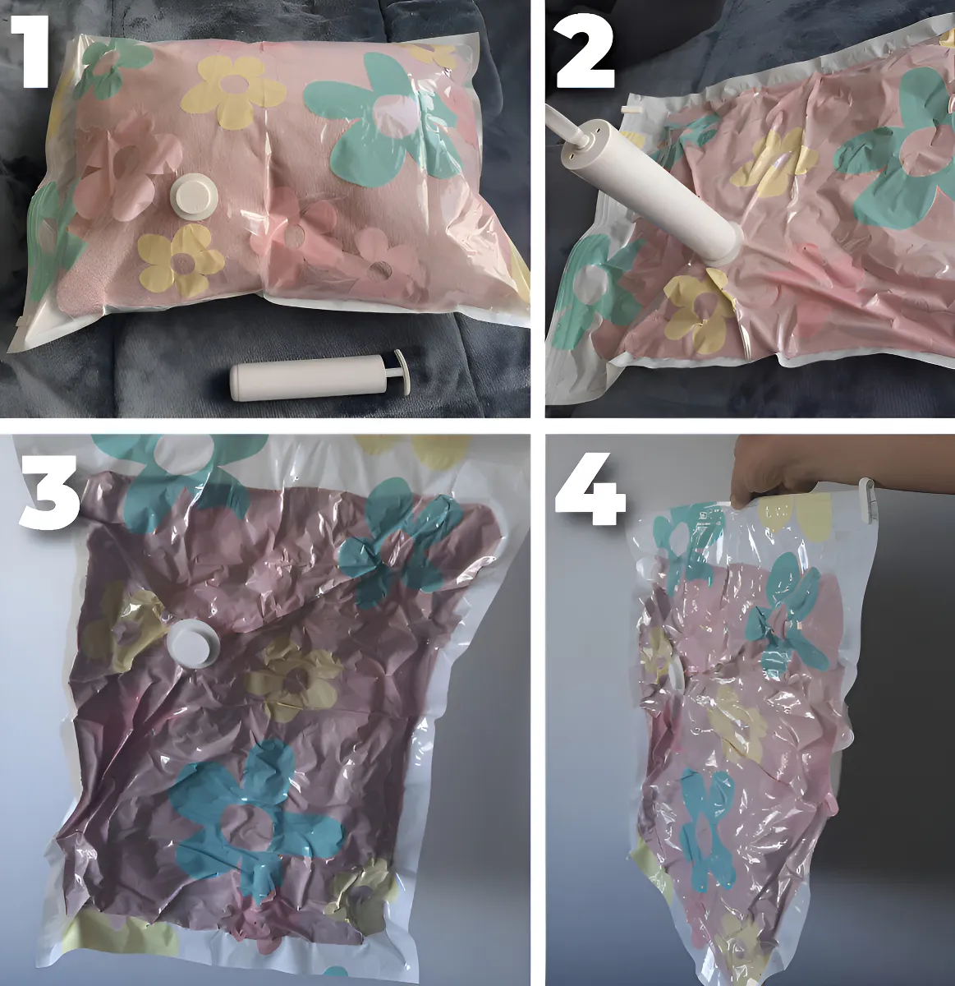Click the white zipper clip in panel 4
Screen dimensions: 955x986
pyautogui.click(x=869, y=500)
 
